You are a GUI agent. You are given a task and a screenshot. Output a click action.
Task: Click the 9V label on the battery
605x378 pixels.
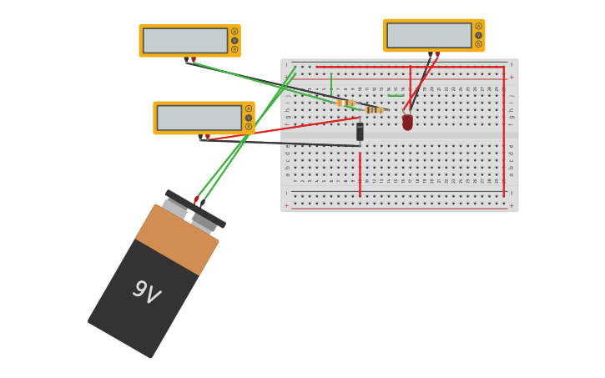(x=146, y=292)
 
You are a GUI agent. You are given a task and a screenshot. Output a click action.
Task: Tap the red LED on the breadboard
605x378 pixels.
(x=407, y=122)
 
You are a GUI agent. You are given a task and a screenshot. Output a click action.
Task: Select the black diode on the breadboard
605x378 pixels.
(x=360, y=132)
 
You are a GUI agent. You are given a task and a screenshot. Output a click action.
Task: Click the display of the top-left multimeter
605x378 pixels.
(x=185, y=40)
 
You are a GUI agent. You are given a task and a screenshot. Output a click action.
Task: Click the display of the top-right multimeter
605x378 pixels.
(x=429, y=35)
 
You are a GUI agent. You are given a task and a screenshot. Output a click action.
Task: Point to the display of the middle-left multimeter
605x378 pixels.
(x=199, y=118)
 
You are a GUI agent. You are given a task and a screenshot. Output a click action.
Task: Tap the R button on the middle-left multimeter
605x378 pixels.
(x=249, y=127)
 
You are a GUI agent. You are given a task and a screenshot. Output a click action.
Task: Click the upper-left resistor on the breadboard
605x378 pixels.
(x=345, y=103)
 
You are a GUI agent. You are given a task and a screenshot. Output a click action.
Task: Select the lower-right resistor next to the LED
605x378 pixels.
(x=374, y=109)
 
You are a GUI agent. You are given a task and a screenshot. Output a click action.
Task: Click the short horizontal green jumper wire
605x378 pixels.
(x=396, y=95)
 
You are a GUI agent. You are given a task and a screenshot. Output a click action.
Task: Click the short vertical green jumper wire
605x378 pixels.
(x=331, y=84)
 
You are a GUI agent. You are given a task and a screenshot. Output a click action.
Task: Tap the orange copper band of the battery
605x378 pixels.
(x=177, y=239)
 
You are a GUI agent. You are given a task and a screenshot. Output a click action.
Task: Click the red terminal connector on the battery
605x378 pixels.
(x=197, y=199)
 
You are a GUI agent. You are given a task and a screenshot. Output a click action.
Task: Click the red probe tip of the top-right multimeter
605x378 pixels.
(x=437, y=55)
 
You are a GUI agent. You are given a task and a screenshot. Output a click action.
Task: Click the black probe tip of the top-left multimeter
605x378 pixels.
(x=187, y=60)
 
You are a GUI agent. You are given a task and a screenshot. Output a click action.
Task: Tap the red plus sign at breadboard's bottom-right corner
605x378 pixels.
(x=511, y=205)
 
